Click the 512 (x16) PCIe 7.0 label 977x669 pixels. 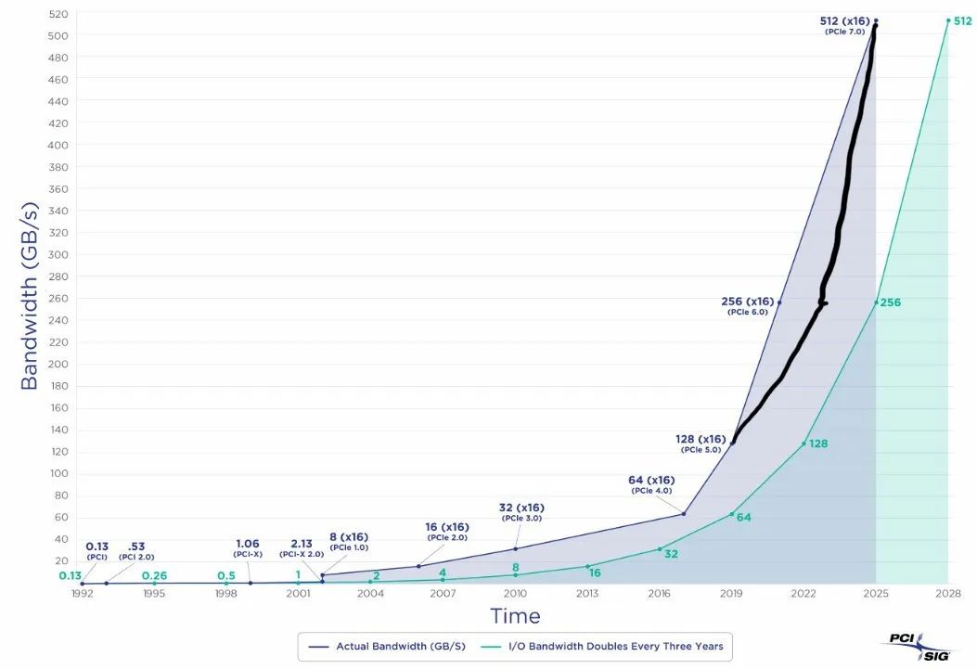click(x=844, y=25)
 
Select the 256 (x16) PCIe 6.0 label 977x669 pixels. click(x=747, y=305)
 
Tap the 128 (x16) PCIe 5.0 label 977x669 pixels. click(x=701, y=443)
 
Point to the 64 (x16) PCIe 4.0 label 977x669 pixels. click(x=651, y=483)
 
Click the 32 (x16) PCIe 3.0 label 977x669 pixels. click(x=521, y=511)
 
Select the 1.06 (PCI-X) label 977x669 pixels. click(x=249, y=547)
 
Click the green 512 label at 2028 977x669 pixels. click(x=962, y=20)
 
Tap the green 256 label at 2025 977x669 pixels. click(x=890, y=302)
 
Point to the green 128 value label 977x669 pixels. click(x=817, y=444)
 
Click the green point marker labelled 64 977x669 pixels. click(x=731, y=514)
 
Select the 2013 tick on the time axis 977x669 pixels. click(x=587, y=593)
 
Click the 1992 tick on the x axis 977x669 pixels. click(x=82, y=593)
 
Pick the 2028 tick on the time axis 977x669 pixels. click(x=948, y=593)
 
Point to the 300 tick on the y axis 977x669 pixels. click(x=58, y=254)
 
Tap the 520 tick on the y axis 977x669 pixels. click(x=58, y=14)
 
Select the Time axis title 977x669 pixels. click(x=515, y=615)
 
